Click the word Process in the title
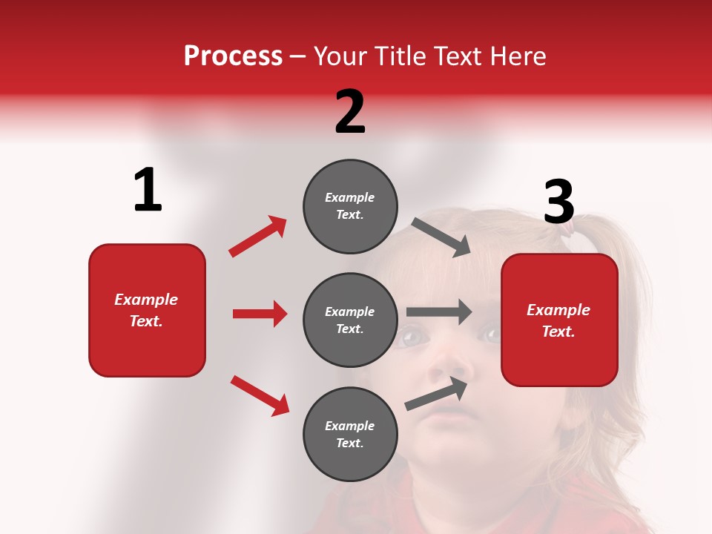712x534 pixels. [x=233, y=56]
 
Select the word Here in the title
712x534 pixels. [x=515, y=56]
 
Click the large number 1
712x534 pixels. [x=148, y=191]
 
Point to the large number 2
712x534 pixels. [x=350, y=112]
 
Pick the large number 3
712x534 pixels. [x=559, y=202]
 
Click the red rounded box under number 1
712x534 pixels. [x=147, y=310]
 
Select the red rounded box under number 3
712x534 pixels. [x=559, y=320]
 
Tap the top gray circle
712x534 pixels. [x=350, y=206]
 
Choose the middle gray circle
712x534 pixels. [x=350, y=320]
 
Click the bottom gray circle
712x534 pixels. [x=350, y=434]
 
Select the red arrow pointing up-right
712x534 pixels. [x=258, y=237]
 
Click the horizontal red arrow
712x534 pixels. [x=260, y=314]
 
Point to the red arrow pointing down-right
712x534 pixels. [x=260, y=395]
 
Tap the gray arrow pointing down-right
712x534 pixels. [x=441, y=237]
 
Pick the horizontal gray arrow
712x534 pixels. [x=439, y=312]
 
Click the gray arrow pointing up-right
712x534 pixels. [x=436, y=394]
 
